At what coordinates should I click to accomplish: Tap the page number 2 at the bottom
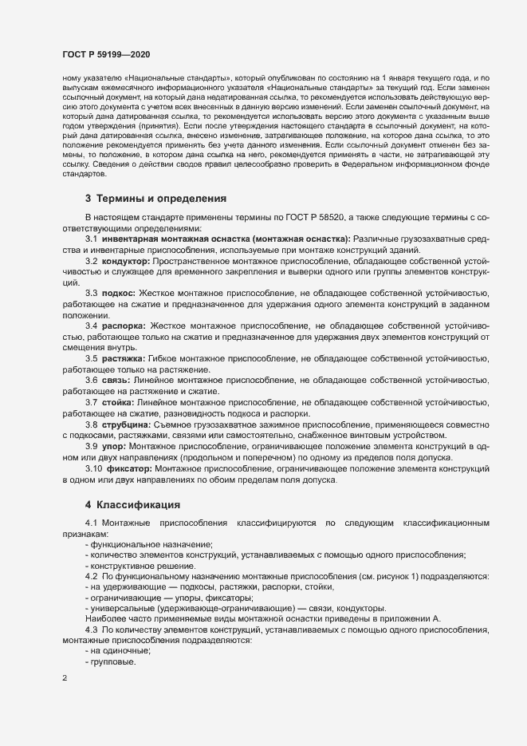[x=65, y=678]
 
